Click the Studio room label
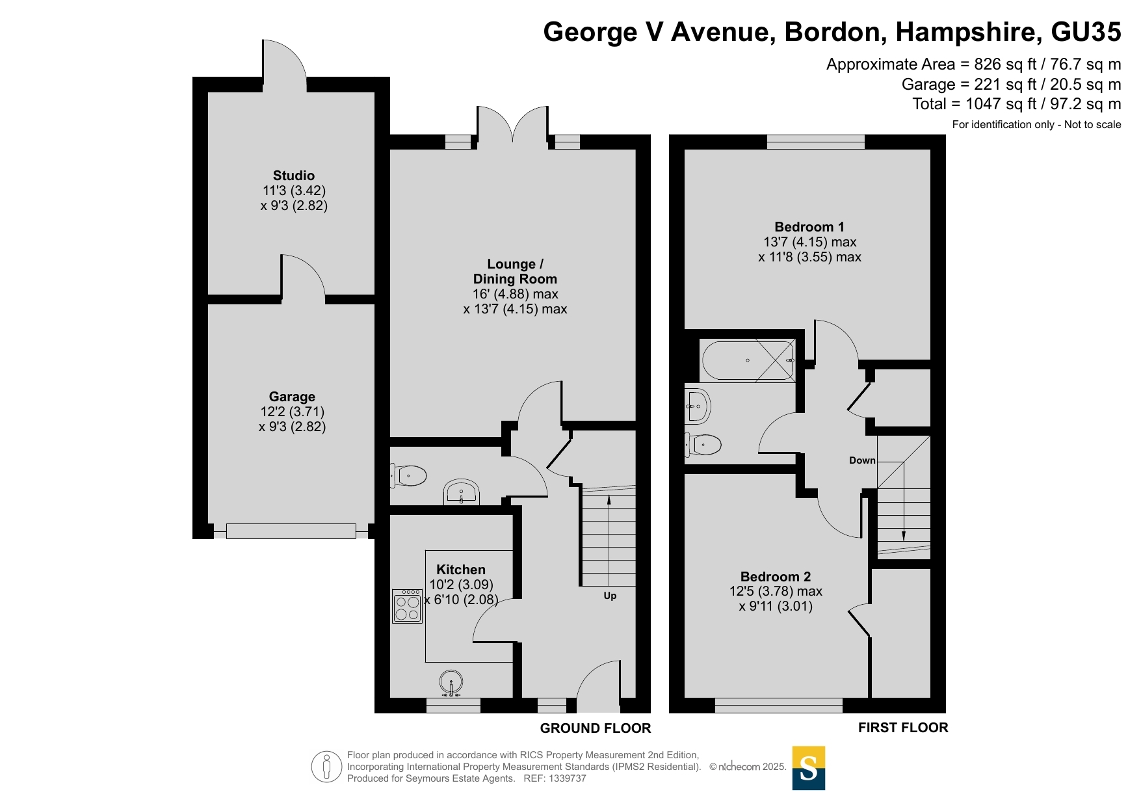pos(294,176)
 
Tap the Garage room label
pos(292,397)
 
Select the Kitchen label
pos(461,570)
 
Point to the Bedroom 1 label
pos(809,227)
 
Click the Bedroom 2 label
pos(776,577)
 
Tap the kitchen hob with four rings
pos(407,606)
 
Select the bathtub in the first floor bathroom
pos(748,360)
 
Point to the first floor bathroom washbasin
pos(697,406)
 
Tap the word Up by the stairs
pos(610,596)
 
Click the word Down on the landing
pos(862,460)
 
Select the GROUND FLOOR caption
pos(596,728)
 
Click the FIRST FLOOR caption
pos(903,728)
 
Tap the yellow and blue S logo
pos(809,768)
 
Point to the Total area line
pos(1017,104)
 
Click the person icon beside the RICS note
pos(326,766)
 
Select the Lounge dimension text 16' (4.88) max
pos(516,294)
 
